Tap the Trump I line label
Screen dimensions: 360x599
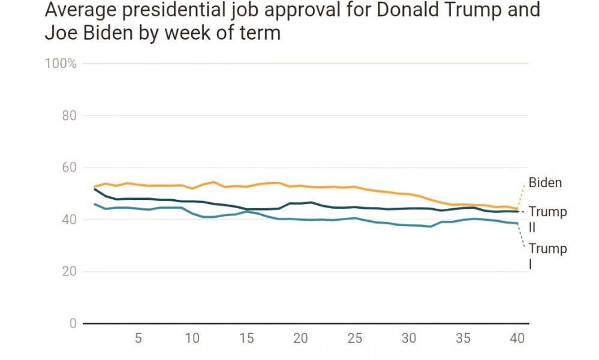click(547, 256)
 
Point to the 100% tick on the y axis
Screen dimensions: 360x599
click(61, 64)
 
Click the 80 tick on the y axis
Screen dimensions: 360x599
click(70, 116)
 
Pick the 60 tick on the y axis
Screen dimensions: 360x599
click(70, 167)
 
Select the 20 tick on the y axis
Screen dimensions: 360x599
click(70, 272)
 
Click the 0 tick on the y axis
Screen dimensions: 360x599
click(73, 324)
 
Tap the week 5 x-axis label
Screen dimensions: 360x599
click(138, 338)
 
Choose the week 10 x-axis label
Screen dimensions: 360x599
click(192, 338)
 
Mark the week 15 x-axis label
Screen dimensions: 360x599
click(246, 338)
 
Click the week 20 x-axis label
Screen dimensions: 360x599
click(300, 338)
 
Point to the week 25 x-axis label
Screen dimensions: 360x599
click(355, 338)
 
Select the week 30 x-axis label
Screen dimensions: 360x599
click(409, 338)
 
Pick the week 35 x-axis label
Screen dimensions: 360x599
click(463, 338)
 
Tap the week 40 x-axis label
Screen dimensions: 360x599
click(517, 338)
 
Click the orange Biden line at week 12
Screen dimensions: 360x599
click(214, 182)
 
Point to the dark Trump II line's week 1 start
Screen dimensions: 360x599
click(95, 189)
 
